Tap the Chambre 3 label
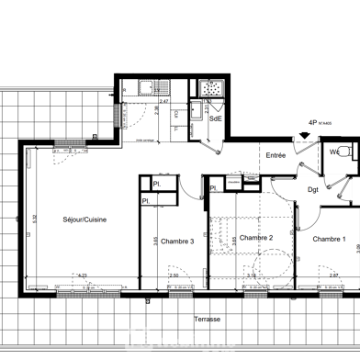pyautogui.click(x=176, y=241)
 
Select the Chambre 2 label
pyautogui.click(x=256, y=238)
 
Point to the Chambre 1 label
pyautogui.click(x=329, y=239)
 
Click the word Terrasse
pyautogui.click(x=207, y=319)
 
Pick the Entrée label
pyautogui.click(x=276, y=155)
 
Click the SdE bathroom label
pyautogui.click(x=215, y=118)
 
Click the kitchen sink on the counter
pyautogui.click(x=144, y=89)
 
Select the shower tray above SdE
pyautogui.click(x=213, y=90)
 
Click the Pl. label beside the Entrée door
pyautogui.click(x=214, y=189)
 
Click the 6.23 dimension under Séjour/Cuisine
pyautogui.click(x=82, y=276)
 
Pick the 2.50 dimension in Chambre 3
pyautogui.click(x=173, y=276)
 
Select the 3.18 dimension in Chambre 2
pyautogui.click(x=253, y=276)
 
